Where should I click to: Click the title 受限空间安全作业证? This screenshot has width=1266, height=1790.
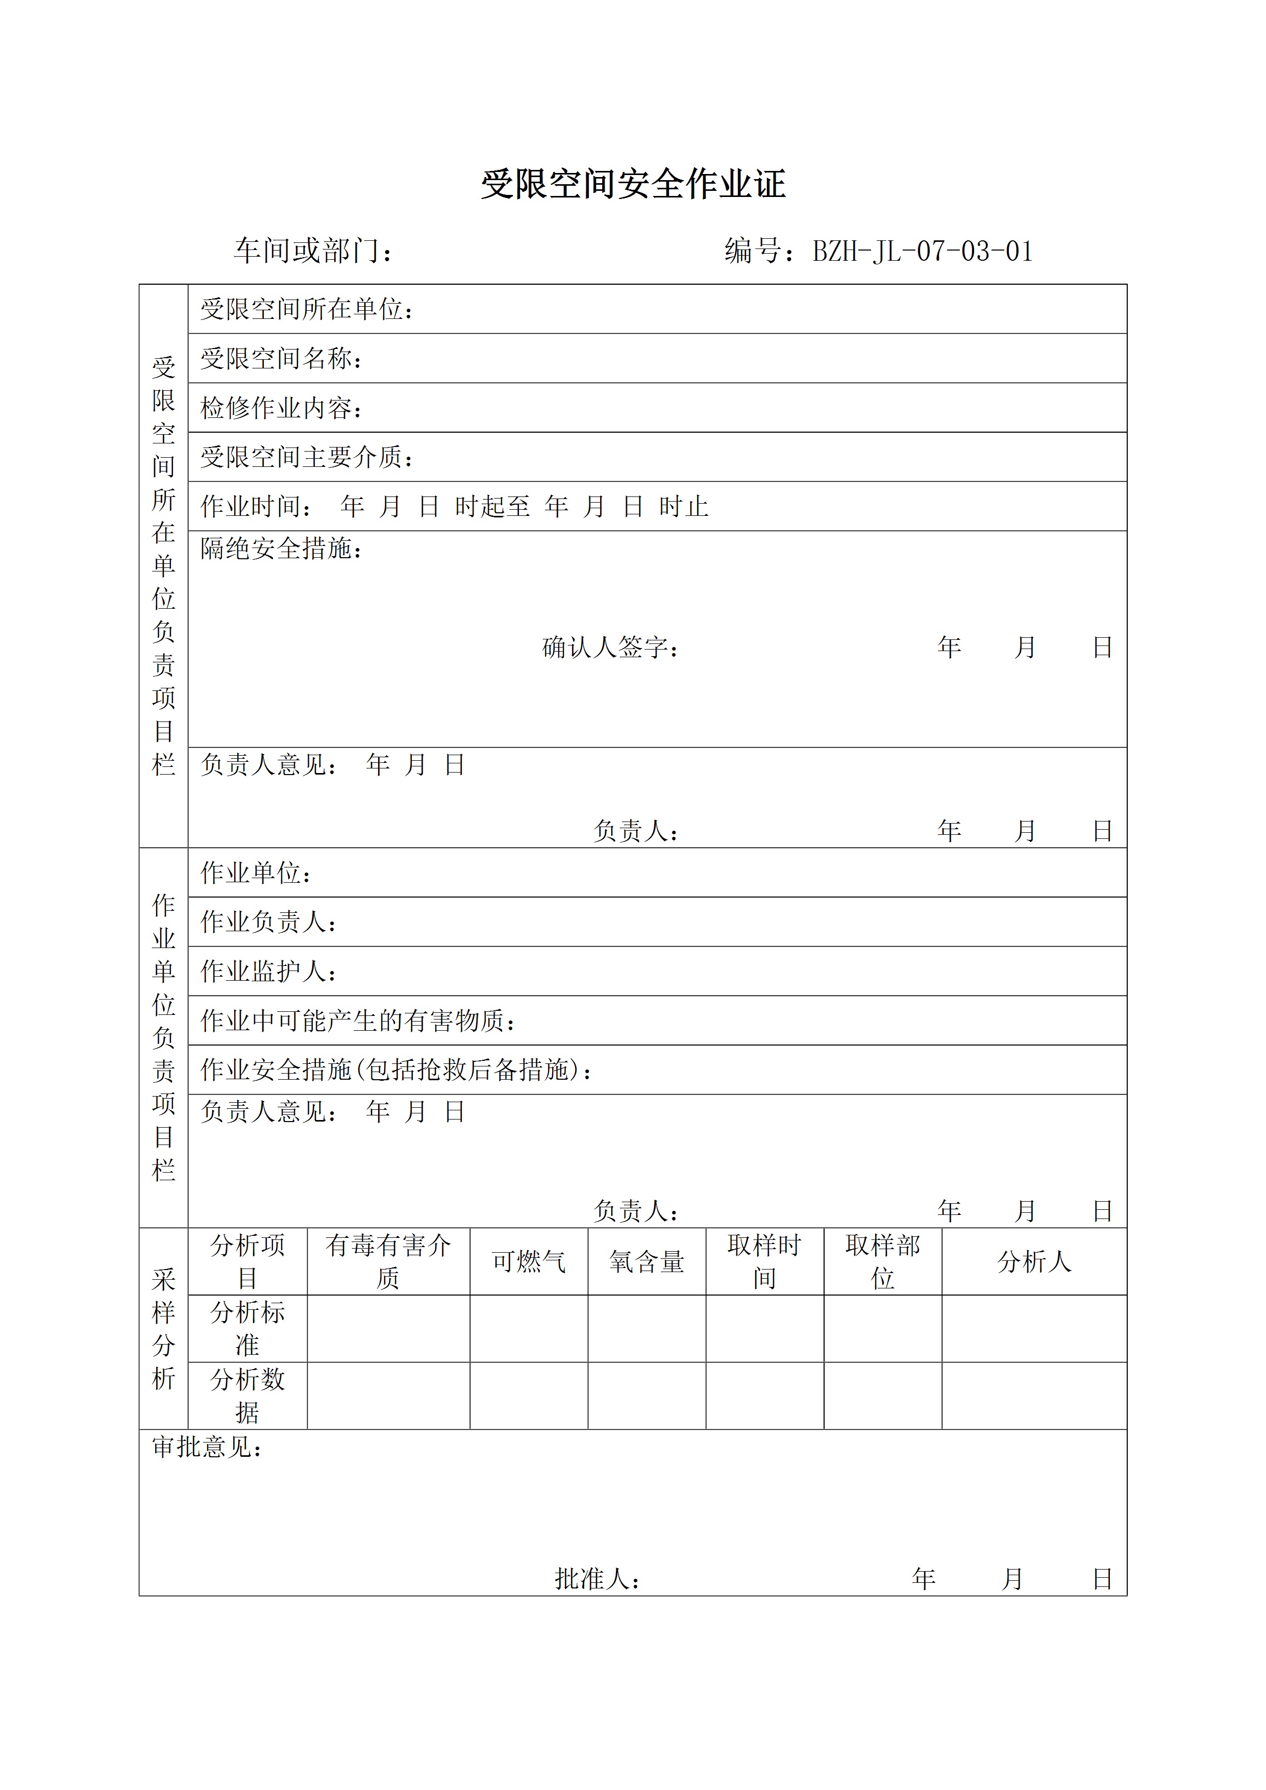[632, 185]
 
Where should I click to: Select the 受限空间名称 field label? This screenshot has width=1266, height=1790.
[281, 359]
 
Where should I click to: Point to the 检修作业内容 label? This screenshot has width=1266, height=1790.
[281, 408]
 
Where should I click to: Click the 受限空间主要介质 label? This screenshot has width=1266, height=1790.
[306, 457]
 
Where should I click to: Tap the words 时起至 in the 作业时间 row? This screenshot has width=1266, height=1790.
[492, 507]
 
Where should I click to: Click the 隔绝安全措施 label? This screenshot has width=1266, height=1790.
[281, 549]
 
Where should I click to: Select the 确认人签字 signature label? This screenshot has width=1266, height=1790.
[610, 647]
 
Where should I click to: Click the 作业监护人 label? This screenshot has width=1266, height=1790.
[268, 972]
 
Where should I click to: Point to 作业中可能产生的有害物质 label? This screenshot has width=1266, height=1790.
[357, 1021]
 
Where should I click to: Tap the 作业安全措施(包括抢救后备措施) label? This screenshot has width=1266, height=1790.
[395, 1070]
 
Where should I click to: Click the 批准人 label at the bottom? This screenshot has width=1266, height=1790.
[597, 1579]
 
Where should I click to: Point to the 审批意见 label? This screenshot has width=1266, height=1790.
[207, 1447]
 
